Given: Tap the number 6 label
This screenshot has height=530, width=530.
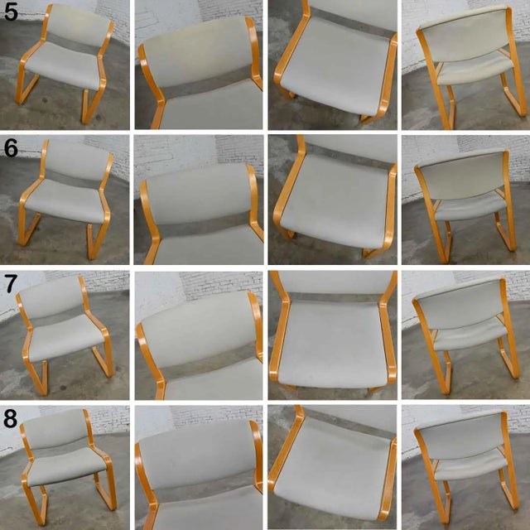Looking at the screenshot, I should [11, 149].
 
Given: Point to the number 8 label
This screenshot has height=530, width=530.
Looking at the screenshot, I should [10, 420].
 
